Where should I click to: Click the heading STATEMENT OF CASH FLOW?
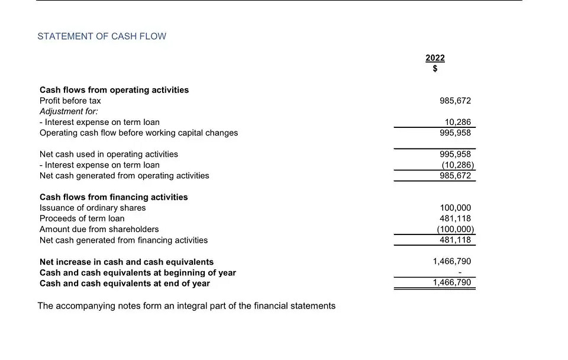coord(102,36)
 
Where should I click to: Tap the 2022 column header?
coord(435,58)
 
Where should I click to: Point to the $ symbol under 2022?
coord(435,69)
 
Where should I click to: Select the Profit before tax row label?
coord(70,101)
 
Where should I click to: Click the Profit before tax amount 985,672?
coord(455,101)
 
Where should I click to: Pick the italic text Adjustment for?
coord(69,111)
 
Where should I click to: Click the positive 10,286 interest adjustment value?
coord(458,122)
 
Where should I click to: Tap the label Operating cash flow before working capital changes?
coord(138,133)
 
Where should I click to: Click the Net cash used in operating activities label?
coord(108,154)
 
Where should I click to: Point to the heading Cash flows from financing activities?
coord(114,197)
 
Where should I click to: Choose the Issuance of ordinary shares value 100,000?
coord(455,208)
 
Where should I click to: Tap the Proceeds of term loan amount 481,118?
coord(455,218)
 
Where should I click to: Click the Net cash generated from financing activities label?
coord(124,240)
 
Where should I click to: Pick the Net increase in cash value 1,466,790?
coord(452,261)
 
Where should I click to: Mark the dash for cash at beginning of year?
coord(468,272)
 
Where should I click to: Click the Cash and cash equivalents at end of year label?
coord(125,283)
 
